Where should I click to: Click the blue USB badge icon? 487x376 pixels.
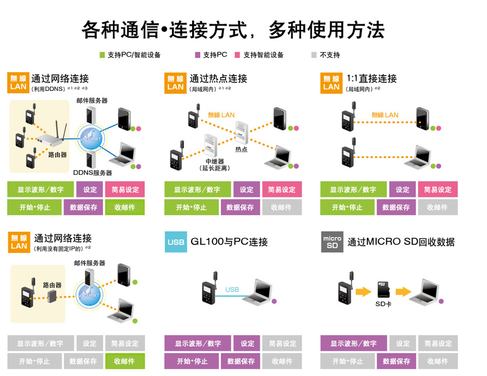176,241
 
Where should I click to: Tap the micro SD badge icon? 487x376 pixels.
331,241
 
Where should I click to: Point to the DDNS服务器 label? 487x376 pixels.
93,173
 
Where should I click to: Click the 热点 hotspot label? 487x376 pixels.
241,149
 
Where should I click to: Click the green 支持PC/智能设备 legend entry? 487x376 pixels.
130,55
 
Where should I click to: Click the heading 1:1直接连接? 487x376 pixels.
373,78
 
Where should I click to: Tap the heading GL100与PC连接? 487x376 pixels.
229,242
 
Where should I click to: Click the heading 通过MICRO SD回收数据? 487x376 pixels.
401,242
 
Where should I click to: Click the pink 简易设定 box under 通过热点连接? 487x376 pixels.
282,189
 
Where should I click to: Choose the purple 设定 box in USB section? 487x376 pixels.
247,344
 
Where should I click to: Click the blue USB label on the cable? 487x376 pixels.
232,290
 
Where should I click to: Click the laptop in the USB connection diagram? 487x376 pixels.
257,292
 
